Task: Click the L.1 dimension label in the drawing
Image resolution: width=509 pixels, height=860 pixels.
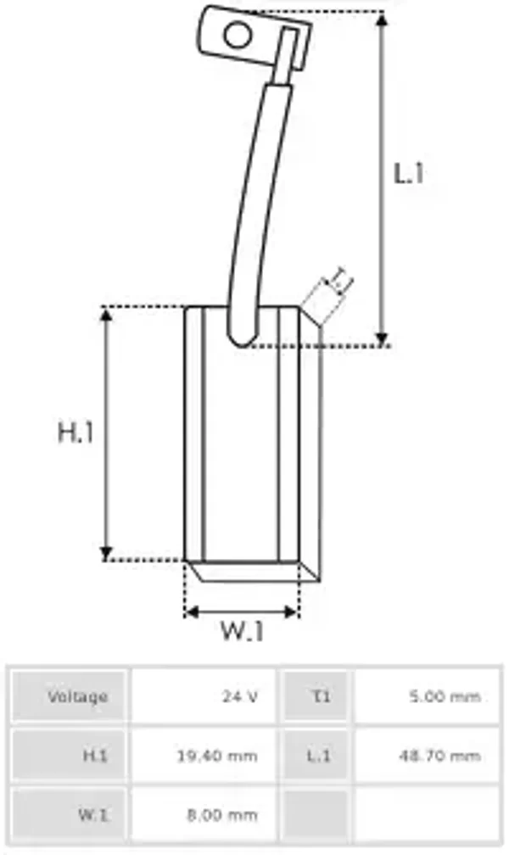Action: pyautogui.click(x=408, y=174)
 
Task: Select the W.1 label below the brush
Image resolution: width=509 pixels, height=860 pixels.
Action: pyautogui.click(x=243, y=632)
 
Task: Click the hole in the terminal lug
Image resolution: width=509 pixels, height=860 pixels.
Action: pyautogui.click(x=238, y=36)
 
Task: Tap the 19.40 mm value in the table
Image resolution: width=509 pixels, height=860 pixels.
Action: pyautogui.click(x=216, y=756)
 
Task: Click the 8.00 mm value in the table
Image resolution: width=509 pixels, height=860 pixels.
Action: pyautogui.click(x=221, y=815)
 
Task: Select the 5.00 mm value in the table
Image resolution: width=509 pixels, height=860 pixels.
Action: pyautogui.click(x=445, y=696)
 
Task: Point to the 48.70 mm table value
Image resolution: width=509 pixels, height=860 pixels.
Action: pyautogui.click(x=439, y=756)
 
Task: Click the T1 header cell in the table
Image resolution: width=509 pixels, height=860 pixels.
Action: pyautogui.click(x=318, y=696)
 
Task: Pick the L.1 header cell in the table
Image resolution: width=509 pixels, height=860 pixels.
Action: pyautogui.click(x=318, y=756)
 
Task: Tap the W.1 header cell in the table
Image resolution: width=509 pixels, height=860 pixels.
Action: pyautogui.click(x=93, y=815)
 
